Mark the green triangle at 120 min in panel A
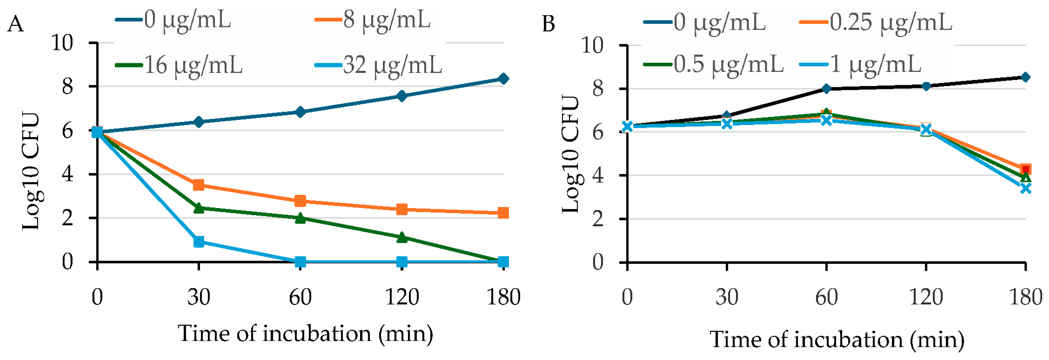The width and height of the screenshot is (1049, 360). (402, 237)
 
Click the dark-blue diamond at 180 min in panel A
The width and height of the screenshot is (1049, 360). (503, 79)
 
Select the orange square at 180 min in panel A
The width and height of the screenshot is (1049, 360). (503, 213)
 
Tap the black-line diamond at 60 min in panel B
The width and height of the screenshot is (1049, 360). (826, 89)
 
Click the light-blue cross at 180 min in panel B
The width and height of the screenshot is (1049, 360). (1025, 188)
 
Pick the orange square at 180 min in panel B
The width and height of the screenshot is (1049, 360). (1025, 169)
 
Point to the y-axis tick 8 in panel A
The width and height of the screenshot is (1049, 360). (67, 86)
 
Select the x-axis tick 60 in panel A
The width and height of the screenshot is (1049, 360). (300, 297)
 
